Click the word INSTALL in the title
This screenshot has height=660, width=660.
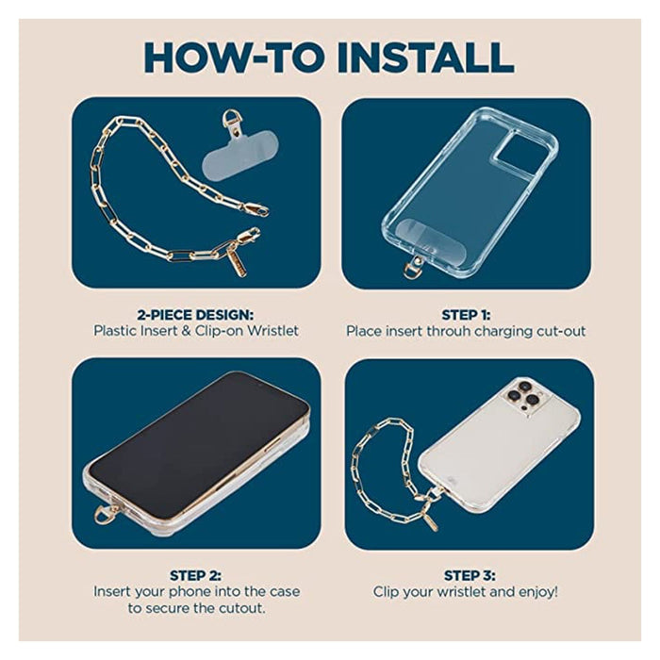425,58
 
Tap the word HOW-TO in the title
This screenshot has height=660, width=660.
234,58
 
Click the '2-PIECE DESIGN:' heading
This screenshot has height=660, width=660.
195,315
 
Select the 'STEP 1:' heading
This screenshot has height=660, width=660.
466,315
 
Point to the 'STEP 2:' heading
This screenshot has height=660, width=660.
195,575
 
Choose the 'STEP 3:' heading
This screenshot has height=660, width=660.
470,575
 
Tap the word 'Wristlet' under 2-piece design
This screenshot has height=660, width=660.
272,330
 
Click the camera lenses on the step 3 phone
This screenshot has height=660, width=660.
523,396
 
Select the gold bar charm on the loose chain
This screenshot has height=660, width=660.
237,260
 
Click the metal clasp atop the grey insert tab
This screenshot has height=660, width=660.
231,123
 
